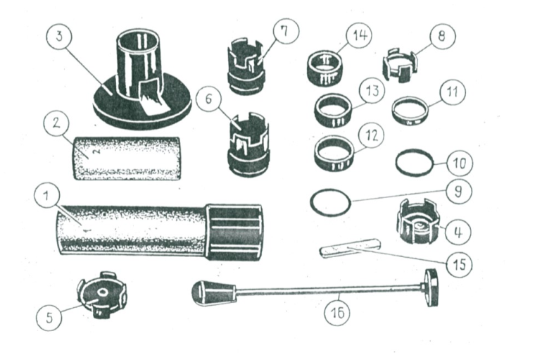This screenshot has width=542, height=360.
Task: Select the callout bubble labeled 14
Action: pyautogui.click(x=359, y=35)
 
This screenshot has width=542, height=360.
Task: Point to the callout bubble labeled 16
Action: pyautogui.click(x=337, y=313)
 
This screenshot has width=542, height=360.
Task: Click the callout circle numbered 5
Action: pyautogui.click(x=49, y=318)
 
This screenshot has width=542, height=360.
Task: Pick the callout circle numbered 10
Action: pyautogui.click(x=460, y=163)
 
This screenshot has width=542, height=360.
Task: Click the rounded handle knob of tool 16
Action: pyautogui.click(x=213, y=293)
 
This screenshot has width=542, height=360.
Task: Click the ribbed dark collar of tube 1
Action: pyautogui.click(x=235, y=232)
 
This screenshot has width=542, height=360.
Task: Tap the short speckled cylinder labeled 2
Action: pyautogui.click(x=127, y=159)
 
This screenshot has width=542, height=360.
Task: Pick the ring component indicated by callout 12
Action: pyautogui.click(x=334, y=154)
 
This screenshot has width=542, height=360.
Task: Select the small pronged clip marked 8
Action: pyautogui.click(x=401, y=66)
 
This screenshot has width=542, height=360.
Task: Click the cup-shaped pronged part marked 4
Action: pyautogui.click(x=418, y=222)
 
